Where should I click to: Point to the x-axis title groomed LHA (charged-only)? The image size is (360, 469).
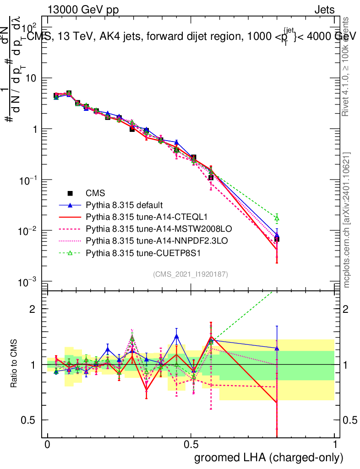(269, 458)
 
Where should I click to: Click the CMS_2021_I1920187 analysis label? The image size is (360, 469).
(191, 274)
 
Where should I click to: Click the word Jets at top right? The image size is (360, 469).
(324, 10)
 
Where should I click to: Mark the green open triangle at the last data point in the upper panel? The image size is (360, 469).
(277, 218)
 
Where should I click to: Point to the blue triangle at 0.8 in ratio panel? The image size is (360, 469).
(277, 348)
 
